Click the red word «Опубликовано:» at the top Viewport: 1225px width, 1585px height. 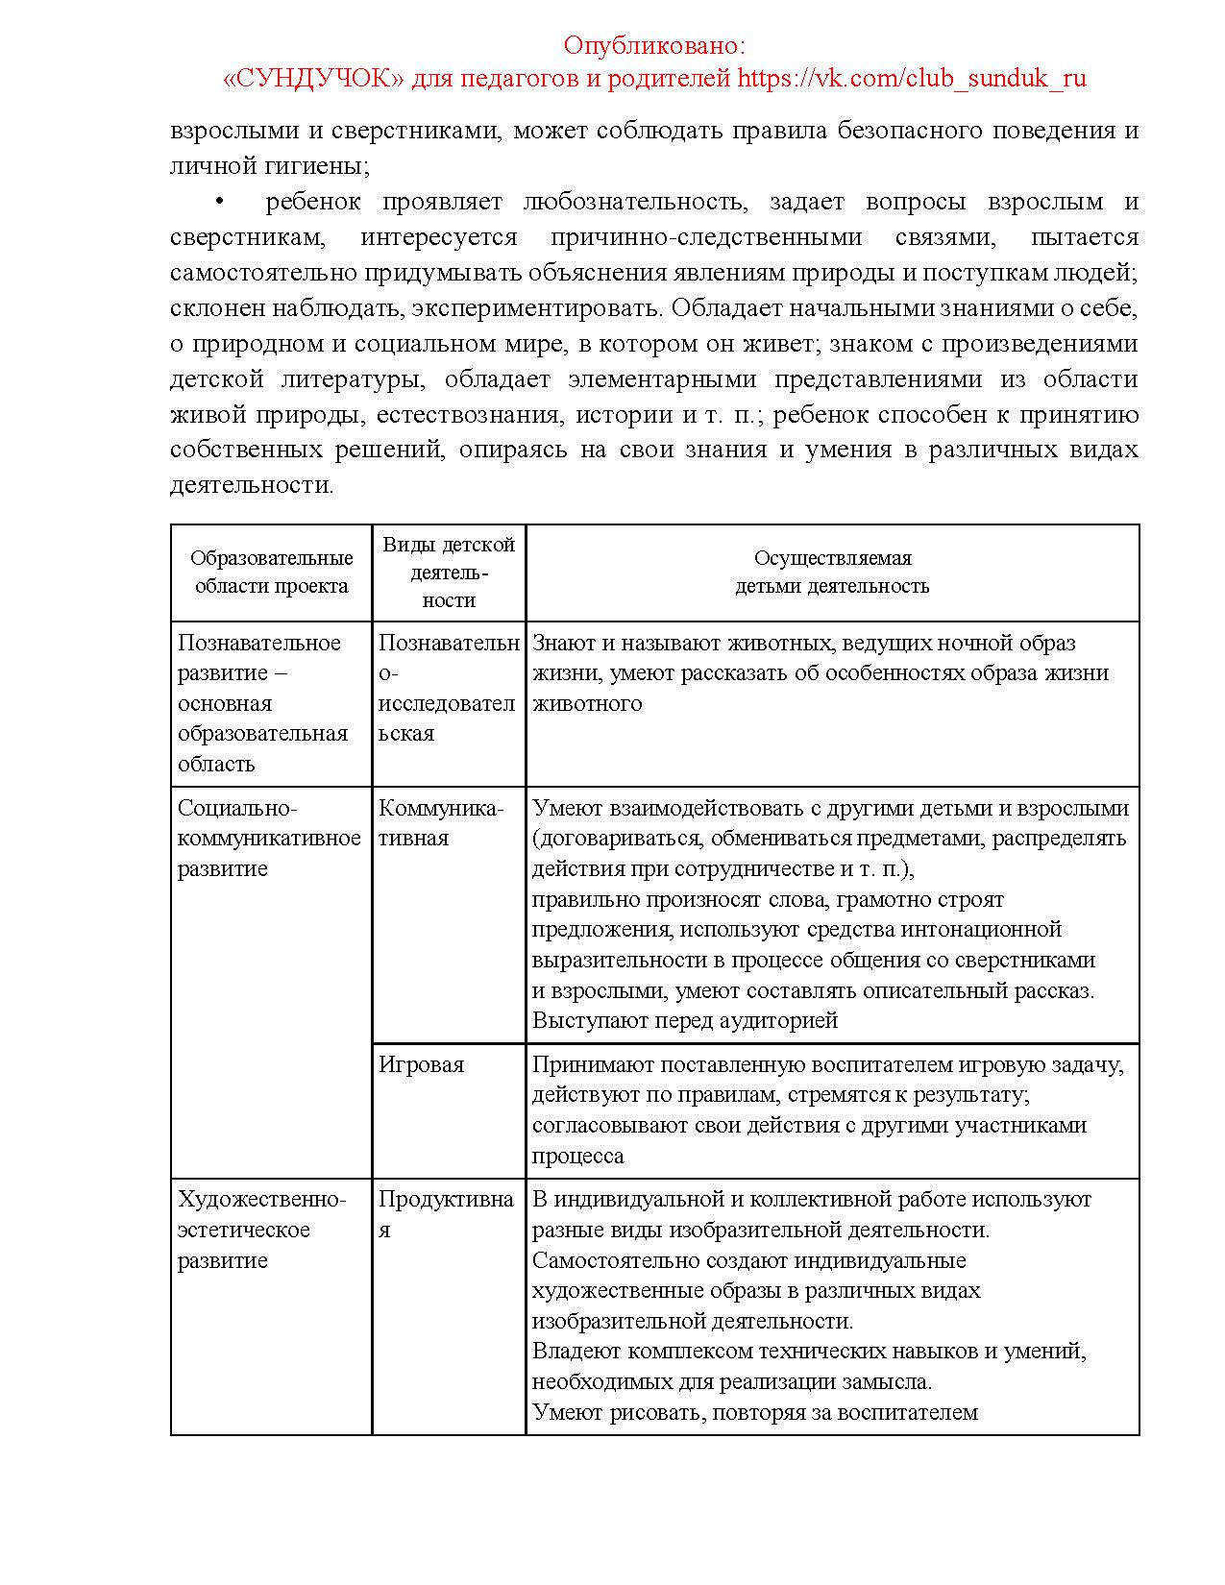pos(654,45)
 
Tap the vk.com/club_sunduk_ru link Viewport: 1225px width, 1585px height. pos(912,78)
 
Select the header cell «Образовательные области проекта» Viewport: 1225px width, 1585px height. pos(271,573)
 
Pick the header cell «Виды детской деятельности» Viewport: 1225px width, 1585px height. pos(449,573)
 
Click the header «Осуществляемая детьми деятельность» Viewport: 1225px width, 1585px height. pos(832,573)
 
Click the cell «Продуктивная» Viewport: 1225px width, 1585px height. pos(445,1214)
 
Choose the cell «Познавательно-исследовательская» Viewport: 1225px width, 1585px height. pos(448,688)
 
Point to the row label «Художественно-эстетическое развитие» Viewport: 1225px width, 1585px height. pos(260,1230)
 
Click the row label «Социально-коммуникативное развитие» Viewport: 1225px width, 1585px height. pos(269,839)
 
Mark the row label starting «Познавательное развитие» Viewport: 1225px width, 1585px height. pos(261,703)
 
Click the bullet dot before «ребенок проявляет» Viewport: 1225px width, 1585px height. pos(219,202)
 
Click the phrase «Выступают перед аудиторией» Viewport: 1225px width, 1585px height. pos(685,1020)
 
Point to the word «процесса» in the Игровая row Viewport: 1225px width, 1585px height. pos(578,1156)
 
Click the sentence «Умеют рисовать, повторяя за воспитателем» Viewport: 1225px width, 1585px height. pos(754,1412)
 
